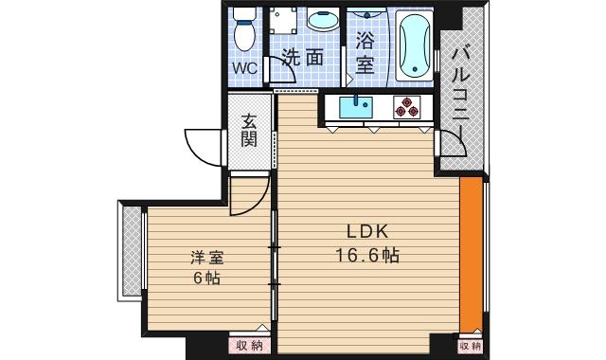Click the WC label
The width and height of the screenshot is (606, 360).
[245, 68]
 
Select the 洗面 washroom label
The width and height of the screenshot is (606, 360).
[305, 57]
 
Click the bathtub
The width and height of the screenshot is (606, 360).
[415, 45]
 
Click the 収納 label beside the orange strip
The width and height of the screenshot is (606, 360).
[471, 346]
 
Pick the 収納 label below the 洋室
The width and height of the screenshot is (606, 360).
[250, 346]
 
